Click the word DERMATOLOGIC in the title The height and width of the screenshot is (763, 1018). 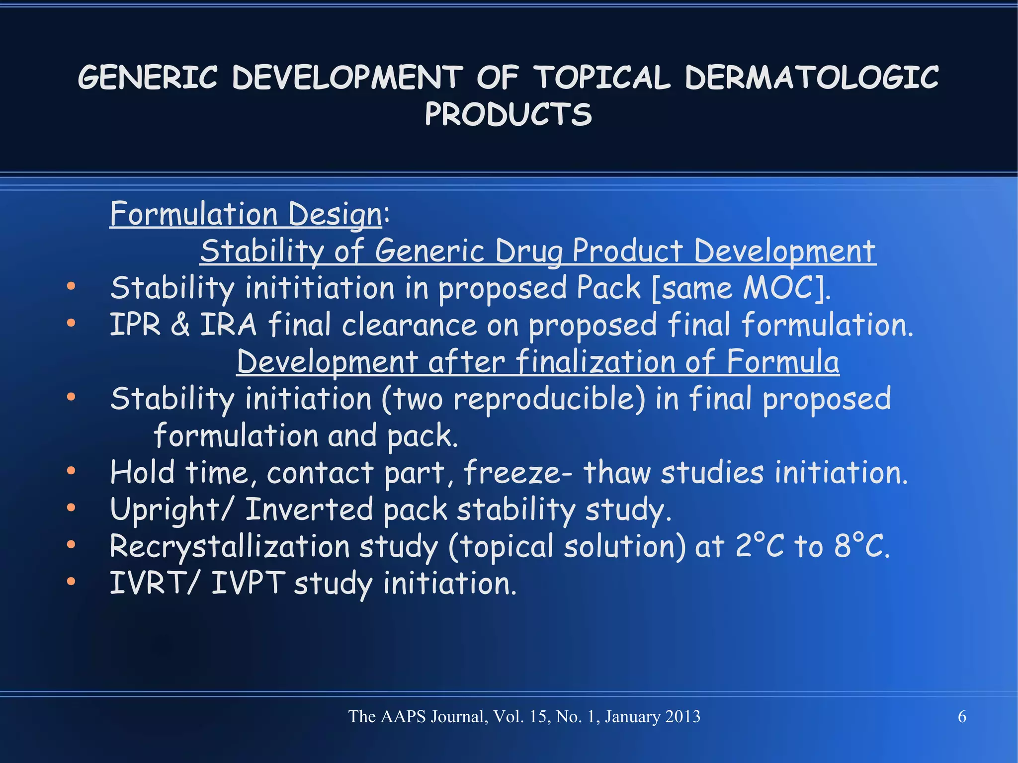(x=811, y=78)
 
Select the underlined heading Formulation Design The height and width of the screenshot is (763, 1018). (x=246, y=214)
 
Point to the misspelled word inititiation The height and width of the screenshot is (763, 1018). (x=320, y=288)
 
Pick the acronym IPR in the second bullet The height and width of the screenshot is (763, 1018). (x=135, y=325)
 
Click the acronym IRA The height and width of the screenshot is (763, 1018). (x=228, y=325)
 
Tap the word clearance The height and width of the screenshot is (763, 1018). (x=409, y=325)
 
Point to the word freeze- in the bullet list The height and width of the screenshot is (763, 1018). (x=517, y=472)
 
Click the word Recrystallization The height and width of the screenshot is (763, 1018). (x=230, y=546)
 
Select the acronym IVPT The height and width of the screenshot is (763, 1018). (x=248, y=583)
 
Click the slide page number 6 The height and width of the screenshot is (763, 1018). (x=962, y=717)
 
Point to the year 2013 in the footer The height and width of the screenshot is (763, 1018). (x=682, y=717)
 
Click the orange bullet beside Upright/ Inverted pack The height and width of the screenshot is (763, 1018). (x=71, y=508)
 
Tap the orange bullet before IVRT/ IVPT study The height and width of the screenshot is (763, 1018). (x=71, y=581)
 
